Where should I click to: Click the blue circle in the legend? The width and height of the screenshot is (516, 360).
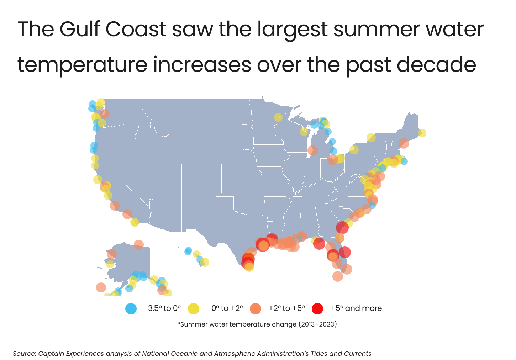(x=131, y=308)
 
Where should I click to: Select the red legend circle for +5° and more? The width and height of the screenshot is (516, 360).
(x=317, y=308)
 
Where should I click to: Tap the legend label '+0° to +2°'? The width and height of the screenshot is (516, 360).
(x=225, y=308)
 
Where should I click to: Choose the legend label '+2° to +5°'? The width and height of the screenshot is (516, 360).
(x=286, y=308)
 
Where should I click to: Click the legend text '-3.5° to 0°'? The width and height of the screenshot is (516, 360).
(x=162, y=308)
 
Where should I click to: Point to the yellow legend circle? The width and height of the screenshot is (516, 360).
(x=193, y=308)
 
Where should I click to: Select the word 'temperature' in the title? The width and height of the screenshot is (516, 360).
(x=82, y=65)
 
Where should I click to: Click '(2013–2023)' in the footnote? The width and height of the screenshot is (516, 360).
(x=317, y=324)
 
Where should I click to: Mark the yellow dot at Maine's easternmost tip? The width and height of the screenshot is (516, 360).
(x=422, y=133)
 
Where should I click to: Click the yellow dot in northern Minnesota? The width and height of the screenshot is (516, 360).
(x=278, y=117)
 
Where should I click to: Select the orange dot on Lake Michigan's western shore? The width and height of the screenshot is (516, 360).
(x=312, y=150)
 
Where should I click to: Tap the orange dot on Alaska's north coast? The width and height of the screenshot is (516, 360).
(x=139, y=245)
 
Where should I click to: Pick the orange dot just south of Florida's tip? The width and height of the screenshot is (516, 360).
(x=338, y=276)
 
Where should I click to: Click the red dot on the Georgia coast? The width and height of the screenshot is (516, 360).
(x=342, y=227)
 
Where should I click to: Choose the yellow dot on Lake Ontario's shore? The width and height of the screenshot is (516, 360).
(x=371, y=138)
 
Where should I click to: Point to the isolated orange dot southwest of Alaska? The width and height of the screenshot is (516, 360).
(x=101, y=287)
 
